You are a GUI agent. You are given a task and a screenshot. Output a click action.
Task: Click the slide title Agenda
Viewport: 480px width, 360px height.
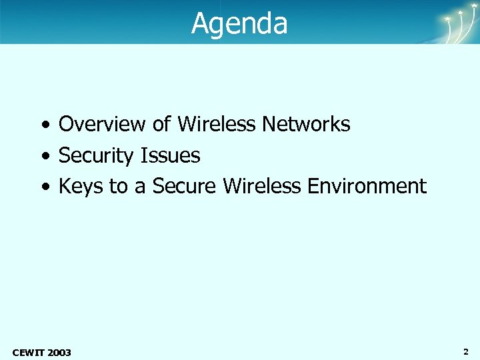pos(239,23)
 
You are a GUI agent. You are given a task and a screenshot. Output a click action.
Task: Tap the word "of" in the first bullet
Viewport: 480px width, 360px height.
pos(163,124)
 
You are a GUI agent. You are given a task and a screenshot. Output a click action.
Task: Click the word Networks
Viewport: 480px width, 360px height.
pos(306,124)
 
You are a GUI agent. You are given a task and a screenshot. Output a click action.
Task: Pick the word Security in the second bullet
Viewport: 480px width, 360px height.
pos(96,156)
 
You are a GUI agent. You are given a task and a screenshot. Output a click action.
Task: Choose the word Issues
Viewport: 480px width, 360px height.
pos(170,155)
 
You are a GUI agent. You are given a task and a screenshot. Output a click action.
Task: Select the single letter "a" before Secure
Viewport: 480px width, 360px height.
pos(140,187)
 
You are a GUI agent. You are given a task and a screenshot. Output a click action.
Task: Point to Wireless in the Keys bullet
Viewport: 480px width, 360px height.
pos(262,187)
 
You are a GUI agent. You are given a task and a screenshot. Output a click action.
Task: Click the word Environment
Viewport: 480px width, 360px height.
pos(367,187)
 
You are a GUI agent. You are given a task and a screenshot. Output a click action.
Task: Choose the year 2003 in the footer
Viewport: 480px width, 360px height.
pos(59,352)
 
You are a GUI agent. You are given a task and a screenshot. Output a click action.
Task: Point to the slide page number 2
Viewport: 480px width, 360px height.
pos(465,351)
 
